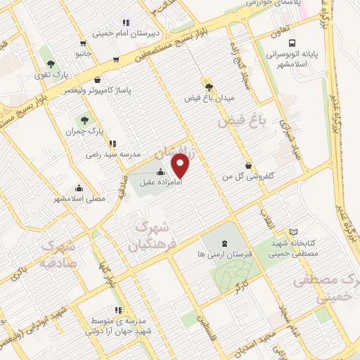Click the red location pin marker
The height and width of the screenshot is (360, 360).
pos(181,166)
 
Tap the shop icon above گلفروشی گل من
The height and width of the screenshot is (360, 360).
pos(248,165)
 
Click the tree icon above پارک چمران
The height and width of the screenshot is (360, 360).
pos(85,121)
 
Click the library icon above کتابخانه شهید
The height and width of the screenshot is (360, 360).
pos(293,232)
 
